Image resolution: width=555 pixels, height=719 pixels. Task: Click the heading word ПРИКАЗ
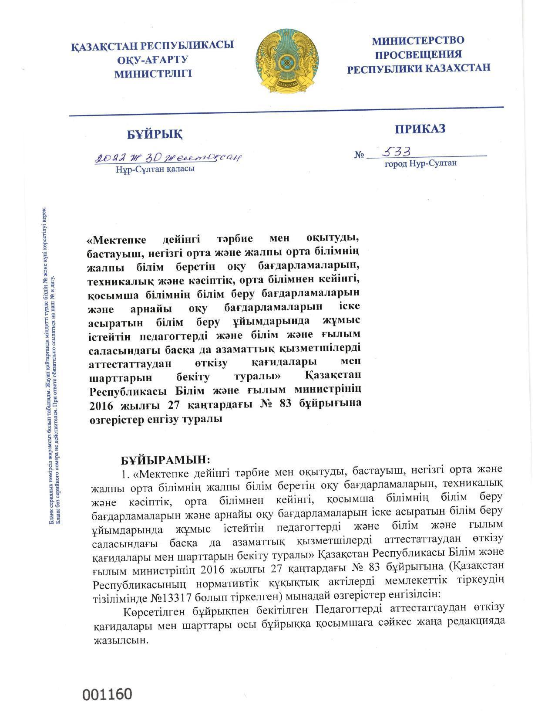tap(420, 129)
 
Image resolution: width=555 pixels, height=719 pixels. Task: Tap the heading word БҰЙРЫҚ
tap(155, 135)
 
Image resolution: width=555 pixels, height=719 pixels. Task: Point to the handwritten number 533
tap(396, 151)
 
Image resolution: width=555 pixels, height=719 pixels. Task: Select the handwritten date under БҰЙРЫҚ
tap(168, 157)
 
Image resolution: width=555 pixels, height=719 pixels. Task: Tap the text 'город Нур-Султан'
tap(420, 163)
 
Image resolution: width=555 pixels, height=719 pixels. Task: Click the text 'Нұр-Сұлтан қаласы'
tap(155, 169)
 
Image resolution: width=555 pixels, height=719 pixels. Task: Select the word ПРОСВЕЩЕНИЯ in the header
tap(418, 54)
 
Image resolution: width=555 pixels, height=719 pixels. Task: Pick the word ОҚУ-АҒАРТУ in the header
tap(152, 59)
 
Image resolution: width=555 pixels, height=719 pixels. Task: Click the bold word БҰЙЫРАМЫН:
tap(165, 459)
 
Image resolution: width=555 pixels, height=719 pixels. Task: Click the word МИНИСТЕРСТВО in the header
tap(418, 41)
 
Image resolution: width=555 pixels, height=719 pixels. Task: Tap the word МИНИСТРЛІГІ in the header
tap(153, 74)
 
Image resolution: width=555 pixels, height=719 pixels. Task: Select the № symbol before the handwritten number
tap(359, 155)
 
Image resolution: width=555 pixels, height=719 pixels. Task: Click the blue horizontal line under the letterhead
tap(286, 111)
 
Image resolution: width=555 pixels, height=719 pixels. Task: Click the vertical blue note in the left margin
tap(51, 366)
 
